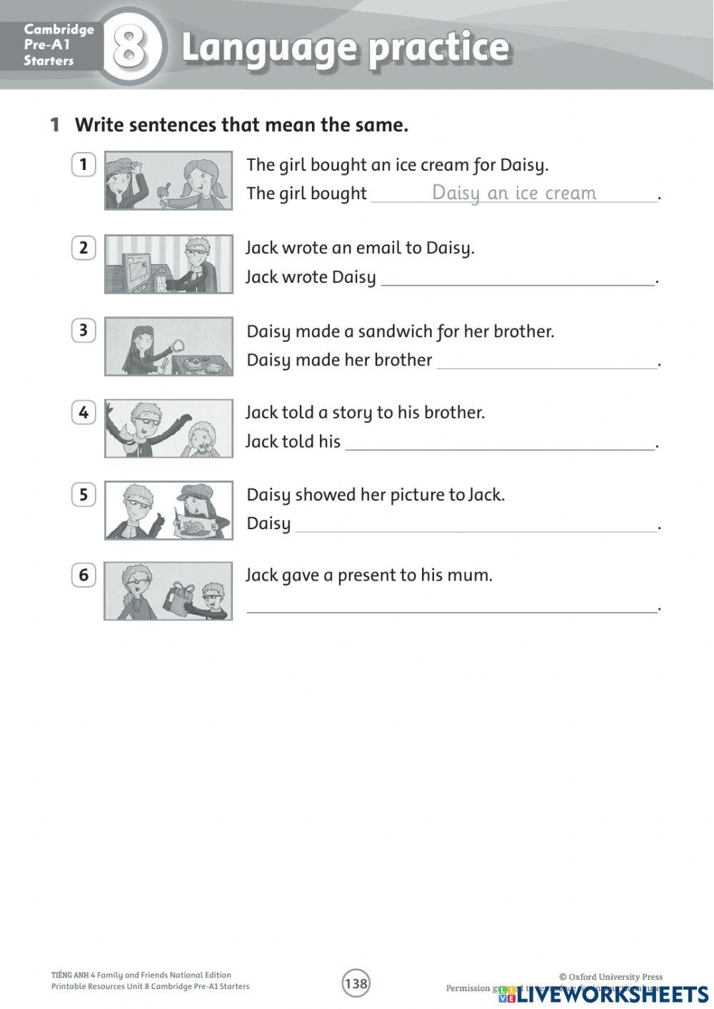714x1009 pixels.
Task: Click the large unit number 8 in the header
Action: (x=130, y=47)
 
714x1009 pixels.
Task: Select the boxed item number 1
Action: (x=84, y=164)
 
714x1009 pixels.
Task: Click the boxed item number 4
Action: (x=84, y=412)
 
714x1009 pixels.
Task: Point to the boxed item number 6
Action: (x=84, y=575)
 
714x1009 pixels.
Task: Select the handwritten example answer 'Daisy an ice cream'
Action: (x=514, y=193)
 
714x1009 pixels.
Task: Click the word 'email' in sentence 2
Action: (x=378, y=248)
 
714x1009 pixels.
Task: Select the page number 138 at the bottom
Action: (x=356, y=983)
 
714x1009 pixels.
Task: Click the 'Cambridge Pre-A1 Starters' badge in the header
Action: (x=49, y=45)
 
